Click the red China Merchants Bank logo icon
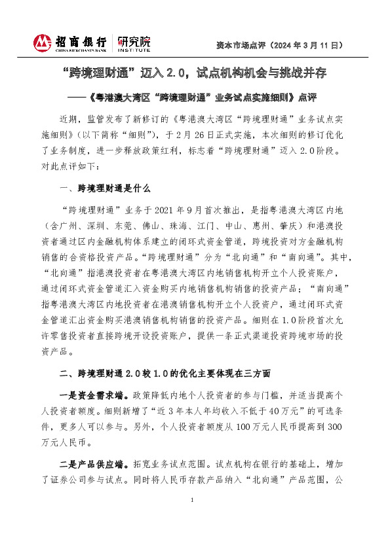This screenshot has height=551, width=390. tap(43, 43)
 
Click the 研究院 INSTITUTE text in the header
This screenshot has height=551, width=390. tap(134, 44)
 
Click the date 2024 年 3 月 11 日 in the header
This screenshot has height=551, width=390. tap(307, 46)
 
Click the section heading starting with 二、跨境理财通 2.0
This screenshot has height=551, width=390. tap(164, 373)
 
